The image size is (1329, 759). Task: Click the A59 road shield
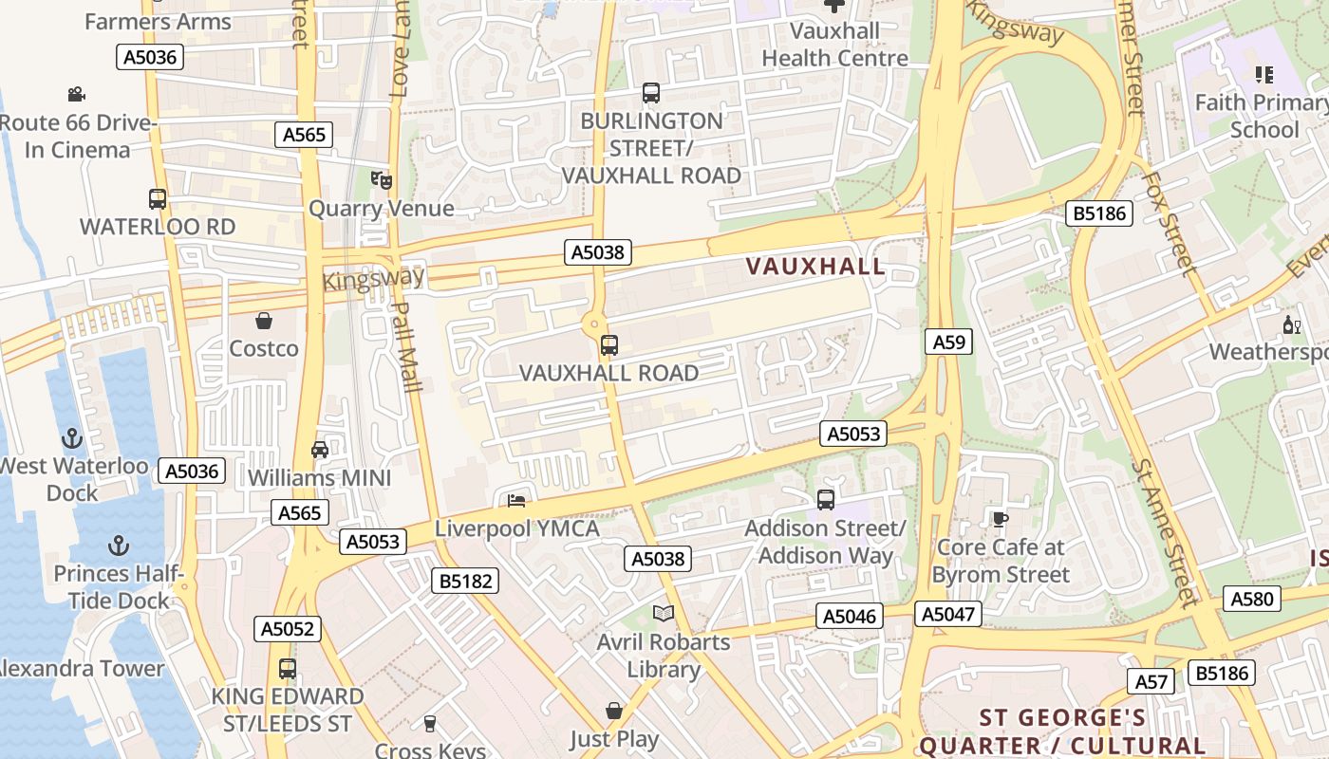click(x=948, y=342)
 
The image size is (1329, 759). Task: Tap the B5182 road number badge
click(x=465, y=582)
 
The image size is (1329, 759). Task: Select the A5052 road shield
click(x=288, y=629)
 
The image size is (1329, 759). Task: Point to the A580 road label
click(x=1252, y=599)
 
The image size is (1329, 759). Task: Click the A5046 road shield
click(x=850, y=617)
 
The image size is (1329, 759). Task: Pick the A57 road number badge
click(x=1152, y=681)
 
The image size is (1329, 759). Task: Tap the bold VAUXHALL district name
click(x=815, y=267)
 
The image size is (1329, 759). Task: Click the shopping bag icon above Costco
click(x=264, y=322)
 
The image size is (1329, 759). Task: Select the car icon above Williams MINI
click(x=320, y=450)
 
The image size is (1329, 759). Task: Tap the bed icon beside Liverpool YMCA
click(x=516, y=500)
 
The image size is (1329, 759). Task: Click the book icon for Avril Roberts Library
click(x=664, y=614)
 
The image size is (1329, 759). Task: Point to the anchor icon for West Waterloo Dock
click(x=72, y=438)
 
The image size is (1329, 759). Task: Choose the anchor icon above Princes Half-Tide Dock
click(x=119, y=546)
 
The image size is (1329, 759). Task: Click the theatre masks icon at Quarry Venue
click(x=382, y=180)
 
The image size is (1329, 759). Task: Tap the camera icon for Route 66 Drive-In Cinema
click(x=77, y=94)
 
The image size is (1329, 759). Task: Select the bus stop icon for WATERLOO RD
click(x=158, y=199)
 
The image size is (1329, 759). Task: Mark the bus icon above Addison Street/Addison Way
click(x=826, y=499)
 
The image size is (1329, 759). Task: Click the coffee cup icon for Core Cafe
click(x=1000, y=519)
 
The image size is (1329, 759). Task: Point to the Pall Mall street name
click(x=407, y=346)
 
